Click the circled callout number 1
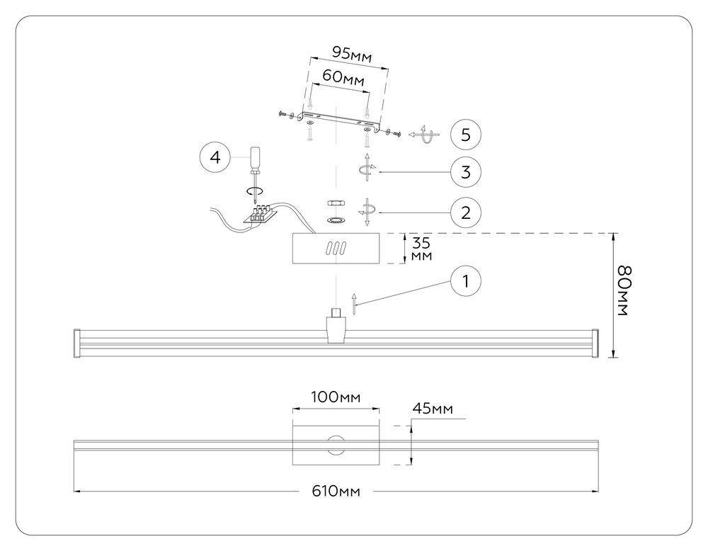pyautogui.click(x=465, y=281)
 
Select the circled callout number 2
pyautogui.click(x=465, y=211)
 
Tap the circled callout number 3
pyautogui.click(x=465, y=171)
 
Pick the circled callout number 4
pyautogui.click(x=215, y=157)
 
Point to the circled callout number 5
pyautogui.click(x=465, y=133)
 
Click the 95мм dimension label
pyautogui.click(x=352, y=54)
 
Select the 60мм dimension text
pyautogui.click(x=343, y=76)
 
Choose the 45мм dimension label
pyautogui.click(x=432, y=409)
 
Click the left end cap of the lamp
pyautogui.click(x=79, y=342)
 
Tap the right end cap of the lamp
pyautogui.click(x=595, y=342)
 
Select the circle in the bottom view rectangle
pyautogui.click(x=336, y=445)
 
